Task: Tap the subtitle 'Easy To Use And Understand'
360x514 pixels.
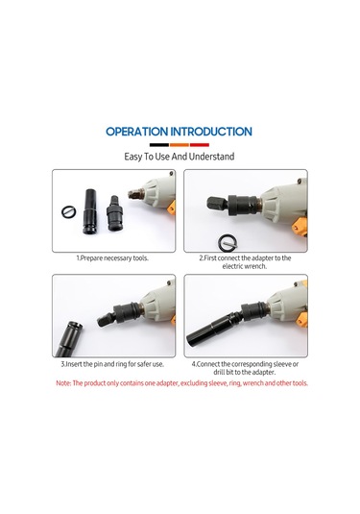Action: point(180,156)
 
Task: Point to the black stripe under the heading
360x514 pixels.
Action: point(158,143)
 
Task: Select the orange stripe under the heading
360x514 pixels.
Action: point(180,143)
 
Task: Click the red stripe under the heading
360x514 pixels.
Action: point(200,143)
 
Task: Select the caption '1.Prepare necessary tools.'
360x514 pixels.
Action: point(112,258)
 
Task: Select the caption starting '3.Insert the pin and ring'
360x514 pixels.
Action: point(112,364)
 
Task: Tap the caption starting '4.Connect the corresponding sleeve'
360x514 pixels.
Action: point(245,368)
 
